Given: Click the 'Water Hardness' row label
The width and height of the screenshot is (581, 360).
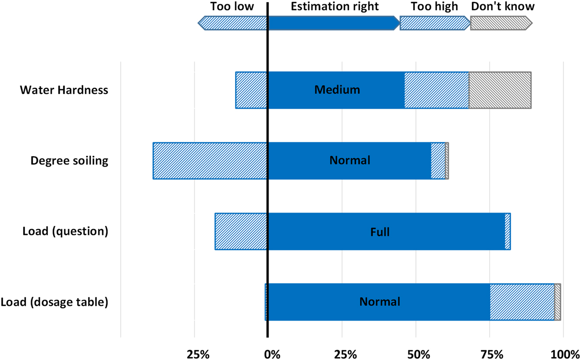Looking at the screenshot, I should (x=64, y=90).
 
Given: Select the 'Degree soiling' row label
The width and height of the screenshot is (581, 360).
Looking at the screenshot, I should (x=69, y=161).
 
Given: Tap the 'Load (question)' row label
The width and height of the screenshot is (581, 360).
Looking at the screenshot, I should (x=65, y=231).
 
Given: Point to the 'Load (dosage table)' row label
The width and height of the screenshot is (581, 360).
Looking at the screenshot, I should (x=54, y=302).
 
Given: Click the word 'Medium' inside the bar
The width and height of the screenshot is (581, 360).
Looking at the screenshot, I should (x=337, y=90).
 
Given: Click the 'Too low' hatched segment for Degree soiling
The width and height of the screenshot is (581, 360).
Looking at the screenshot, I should (x=210, y=161).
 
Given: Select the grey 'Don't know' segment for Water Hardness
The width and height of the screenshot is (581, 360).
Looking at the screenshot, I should (x=500, y=90).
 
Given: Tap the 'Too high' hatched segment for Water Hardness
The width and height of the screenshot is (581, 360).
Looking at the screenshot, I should (x=437, y=90).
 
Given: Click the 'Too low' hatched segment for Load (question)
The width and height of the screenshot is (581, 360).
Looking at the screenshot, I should (x=241, y=231).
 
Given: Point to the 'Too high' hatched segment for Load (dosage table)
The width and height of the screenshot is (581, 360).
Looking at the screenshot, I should (x=522, y=302).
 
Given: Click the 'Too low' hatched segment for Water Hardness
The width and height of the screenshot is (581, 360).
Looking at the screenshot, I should (x=252, y=90).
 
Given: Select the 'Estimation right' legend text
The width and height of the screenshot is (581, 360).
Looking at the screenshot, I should (x=335, y=6).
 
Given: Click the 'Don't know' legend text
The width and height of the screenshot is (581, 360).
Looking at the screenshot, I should (x=503, y=6).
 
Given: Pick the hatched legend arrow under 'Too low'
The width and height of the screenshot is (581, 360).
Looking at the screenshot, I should (x=233, y=23).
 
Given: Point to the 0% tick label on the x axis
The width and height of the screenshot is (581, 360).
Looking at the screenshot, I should (x=272, y=353).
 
